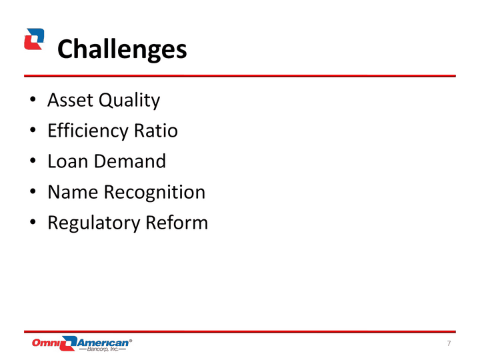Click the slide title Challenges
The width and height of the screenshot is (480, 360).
[x=122, y=49]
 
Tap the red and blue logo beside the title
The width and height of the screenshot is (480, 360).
[x=34, y=39]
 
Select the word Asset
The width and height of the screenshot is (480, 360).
[x=70, y=100]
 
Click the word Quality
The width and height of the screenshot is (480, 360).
[x=129, y=101]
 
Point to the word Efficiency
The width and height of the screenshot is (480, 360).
[x=87, y=131]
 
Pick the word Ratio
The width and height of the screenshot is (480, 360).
[x=156, y=131]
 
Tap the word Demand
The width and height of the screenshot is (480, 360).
[x=130, y=161]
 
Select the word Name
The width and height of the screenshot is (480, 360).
[x=73, y=192]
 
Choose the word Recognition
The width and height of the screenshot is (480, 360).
[x=155, y=193]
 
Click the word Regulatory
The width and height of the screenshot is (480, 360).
[x=93, y=223]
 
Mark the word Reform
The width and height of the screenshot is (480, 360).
[x=177, y=222]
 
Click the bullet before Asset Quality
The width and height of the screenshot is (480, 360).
[x=33, y=99]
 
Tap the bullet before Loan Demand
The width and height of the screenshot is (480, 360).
[x=33, y=161]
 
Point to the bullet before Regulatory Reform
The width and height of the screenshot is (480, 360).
[x=33, y=222]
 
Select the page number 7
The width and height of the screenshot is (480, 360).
[x=449, y=343]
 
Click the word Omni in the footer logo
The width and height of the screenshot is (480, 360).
[x=46, y=343]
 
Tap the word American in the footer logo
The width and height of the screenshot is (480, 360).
[x=103, y=343]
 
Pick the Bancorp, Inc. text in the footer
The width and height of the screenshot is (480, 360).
[x=103, y=349]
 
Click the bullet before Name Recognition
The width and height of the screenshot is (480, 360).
[x=33, y=191]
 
